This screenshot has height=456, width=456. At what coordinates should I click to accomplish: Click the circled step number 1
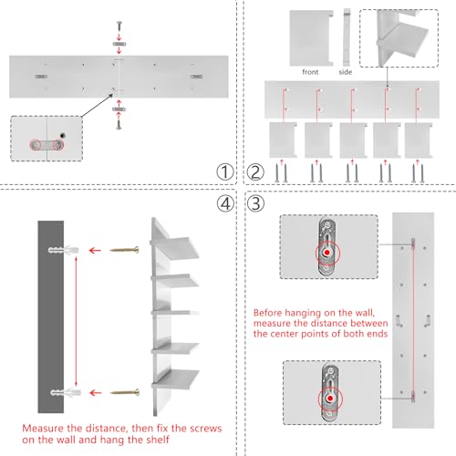(x=225, y=172)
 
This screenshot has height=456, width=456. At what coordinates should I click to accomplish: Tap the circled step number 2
(x=255, y=172)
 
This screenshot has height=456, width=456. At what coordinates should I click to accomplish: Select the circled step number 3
(x=255, y=203)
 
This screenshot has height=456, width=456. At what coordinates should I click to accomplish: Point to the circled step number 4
(x=225, y=203)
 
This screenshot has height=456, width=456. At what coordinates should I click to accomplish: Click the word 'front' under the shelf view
(x=310, y=72)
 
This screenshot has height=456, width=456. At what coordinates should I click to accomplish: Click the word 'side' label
(x=346, y=72)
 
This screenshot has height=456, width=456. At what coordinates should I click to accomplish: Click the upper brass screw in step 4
(x=124, y=250)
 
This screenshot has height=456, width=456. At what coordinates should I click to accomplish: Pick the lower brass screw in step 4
(x=125, y=392)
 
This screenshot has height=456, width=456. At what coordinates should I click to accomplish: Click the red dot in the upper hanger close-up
(x=327, y=253)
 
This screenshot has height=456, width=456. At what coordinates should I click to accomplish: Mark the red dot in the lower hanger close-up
(x=330, y=399)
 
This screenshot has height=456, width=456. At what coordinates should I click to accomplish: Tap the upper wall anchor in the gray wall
(x=64, y=250)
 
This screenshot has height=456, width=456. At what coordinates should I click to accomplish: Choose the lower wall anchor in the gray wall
(x=66, y=392)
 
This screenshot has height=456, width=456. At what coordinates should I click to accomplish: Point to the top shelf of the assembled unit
(x=175, y=247)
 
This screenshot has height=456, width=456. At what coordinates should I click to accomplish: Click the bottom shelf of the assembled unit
(x=176, y=380)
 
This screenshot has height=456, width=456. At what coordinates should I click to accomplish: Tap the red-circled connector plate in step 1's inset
(x=47, y=145)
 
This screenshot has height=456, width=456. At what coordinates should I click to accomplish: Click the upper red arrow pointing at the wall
(x=95, y=251)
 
